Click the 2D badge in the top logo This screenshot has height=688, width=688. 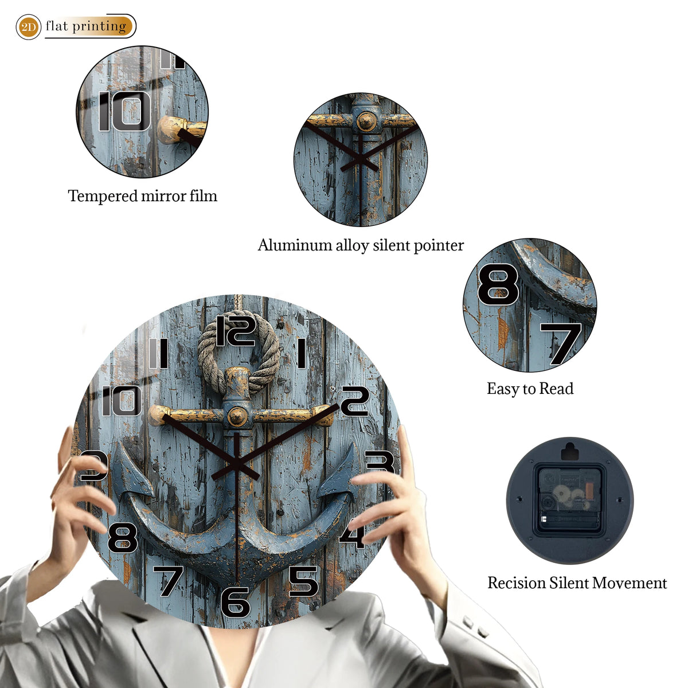tap(28, 27)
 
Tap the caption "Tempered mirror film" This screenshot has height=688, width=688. tap(142, 196)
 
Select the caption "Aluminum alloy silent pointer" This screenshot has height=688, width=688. tap(361, 245)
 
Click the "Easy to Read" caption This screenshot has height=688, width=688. tap(530, 389)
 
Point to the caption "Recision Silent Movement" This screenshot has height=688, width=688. tap(577, 583)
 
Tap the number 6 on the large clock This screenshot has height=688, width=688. tap(236, 603)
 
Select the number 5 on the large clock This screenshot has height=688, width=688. tap(303, 581)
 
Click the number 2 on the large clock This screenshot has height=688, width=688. tap(354, 402)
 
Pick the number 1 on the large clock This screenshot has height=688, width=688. tap(302, 354)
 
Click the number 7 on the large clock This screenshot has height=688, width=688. tap(168, 581)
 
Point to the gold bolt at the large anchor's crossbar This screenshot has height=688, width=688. tap(237, 416)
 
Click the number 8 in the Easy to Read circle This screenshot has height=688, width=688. tap(498, 284)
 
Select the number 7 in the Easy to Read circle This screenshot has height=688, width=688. tap(561, 344)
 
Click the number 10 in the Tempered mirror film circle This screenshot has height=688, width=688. tap(124, 111)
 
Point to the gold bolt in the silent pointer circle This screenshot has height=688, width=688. tap(367, 120)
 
